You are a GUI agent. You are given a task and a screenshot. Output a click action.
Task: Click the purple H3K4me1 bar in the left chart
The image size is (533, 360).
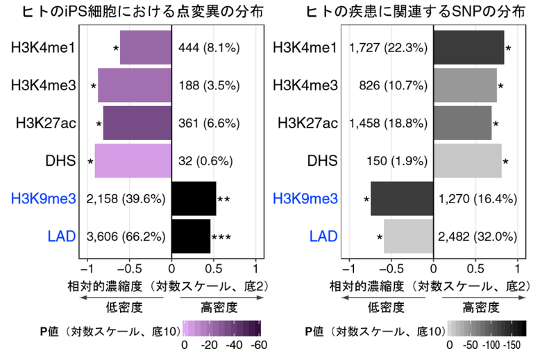pos(145,48)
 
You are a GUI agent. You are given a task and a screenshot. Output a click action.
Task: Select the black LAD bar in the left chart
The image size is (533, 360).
pos(190,237)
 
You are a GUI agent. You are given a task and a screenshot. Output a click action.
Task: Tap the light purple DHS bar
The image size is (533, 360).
pos(133,161)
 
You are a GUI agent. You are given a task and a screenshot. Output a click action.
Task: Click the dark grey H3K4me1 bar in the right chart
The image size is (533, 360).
pos(468,48)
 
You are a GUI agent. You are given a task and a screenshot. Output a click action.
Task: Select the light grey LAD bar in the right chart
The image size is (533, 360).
pos(408,237)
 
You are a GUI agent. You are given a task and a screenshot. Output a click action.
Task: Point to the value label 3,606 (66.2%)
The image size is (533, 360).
pos(126,237)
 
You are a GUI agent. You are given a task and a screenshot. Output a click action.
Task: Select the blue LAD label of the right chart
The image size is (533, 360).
pos(323,237)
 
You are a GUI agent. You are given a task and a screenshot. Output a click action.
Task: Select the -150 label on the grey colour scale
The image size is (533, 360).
pos(516,345)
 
